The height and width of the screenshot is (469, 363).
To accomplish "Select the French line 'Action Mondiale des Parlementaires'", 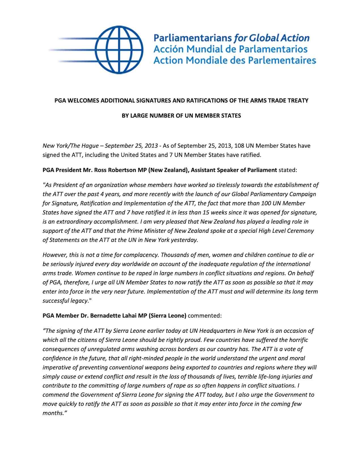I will (x=235, y=60).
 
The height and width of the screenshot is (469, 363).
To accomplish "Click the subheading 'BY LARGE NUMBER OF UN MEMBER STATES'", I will (x=181, y=116).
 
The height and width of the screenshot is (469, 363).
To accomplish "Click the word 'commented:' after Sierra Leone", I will (x=204, y=315).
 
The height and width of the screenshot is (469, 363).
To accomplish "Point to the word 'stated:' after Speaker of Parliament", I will (x=288, y=170).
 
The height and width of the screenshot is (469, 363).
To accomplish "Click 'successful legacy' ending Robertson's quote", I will (x=65, y=301).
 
